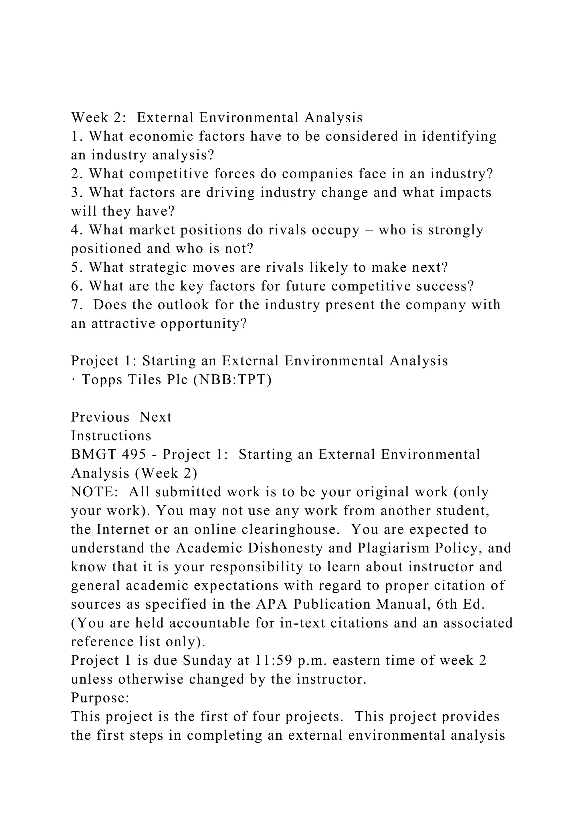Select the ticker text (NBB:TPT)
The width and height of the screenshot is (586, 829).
coord(232,380)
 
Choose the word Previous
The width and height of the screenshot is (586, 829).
coord(100,417)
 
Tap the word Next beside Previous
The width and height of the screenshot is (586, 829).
coord(156,417)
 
